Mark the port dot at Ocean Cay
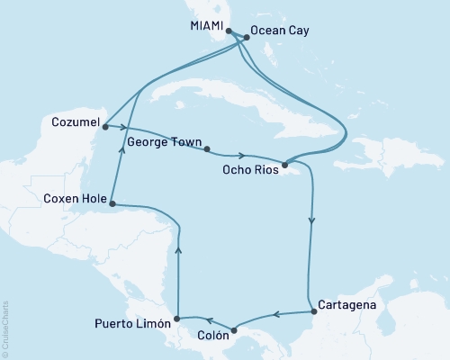[246, 38]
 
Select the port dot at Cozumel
[105, 127]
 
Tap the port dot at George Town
[206, 149]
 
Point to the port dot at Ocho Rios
[283, 165]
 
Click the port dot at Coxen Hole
[113, 204]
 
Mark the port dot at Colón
[232, 328]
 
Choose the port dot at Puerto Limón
[177, 318]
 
